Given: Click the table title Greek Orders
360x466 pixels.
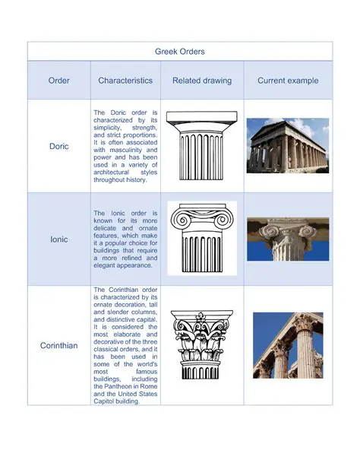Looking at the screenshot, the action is (x=180, y=52).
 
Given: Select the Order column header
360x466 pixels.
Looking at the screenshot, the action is (x=58, y=81).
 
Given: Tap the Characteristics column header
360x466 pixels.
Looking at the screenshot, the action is (x=125, y=81).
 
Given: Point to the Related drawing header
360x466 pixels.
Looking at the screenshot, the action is (x=201, y=81).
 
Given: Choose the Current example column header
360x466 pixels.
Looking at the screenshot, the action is (x=288, y=81).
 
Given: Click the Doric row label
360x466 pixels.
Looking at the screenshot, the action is (x=58, y=145).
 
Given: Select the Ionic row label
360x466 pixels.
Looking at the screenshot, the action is (x=58, y=239).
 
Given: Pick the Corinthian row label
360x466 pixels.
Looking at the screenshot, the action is (x=58, y=346).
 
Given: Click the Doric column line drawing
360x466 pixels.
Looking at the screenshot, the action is (x=201, y=145).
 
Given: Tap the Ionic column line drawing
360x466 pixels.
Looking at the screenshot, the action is (x=201, y=239).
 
